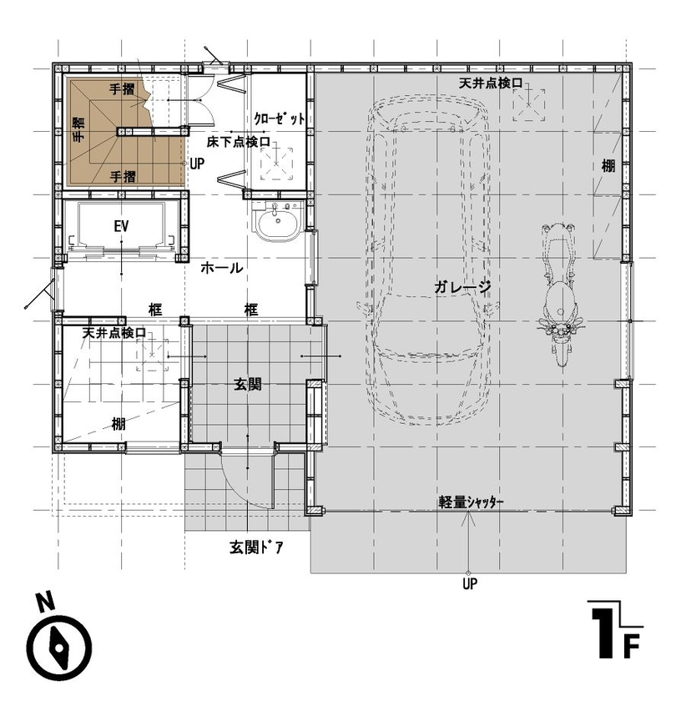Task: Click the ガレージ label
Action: tap(462, 286)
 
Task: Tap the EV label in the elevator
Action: tap(121, 226)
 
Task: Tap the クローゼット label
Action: tap(279, 119)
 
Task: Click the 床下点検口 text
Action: tap(239, 143)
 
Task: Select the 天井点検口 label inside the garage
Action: tap(496, 83)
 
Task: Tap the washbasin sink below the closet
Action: tap(275, 224)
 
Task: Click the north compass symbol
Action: tap(59, 646)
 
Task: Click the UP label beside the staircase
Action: tap(197, 164)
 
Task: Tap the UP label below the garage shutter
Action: tap(470, 584)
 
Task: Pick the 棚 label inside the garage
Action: tap(608, 165)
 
